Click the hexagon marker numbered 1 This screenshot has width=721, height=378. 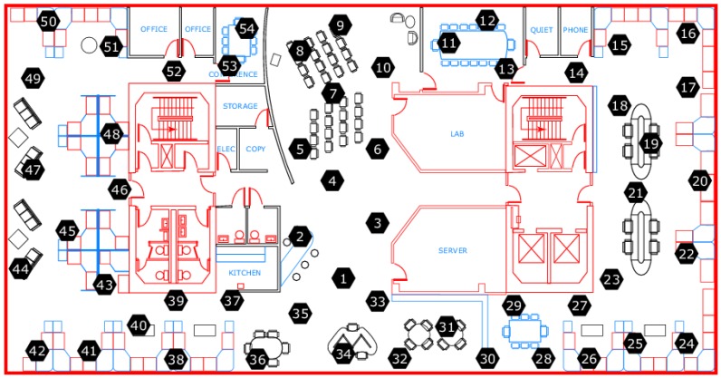(x=342, y=278)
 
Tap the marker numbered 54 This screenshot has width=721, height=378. (x=247, y=28)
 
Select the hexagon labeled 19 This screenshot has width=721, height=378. (x=650, y=143)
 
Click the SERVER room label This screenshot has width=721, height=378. (x=452, y=249)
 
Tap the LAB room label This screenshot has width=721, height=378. (x=457, y=133)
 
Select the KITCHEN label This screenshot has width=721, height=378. (x=244, y=273)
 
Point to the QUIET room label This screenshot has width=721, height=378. (x=541, y=30)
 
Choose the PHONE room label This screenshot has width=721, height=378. (x=575, y=30)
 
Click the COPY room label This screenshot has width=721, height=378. (x=255, y=149)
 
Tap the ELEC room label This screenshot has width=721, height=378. (x=226, y=149)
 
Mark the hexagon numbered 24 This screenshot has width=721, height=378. (x=687, y=344)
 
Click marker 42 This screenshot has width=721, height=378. (x=37, y=350)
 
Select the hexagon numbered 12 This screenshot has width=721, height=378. (x=487, y=20)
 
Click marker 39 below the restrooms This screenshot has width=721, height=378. (x=176, y=299)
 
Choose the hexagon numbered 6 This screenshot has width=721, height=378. (x=377, y=147)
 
